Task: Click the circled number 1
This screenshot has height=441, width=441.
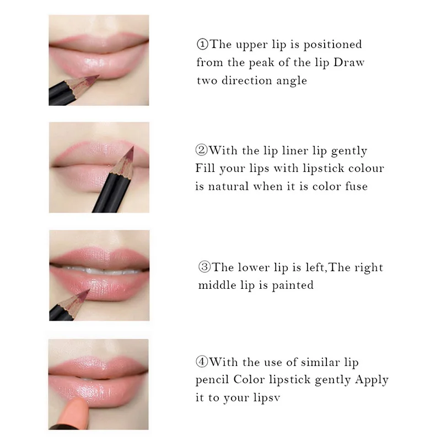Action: (202, 45)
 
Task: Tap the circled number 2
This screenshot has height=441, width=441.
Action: (201, 150)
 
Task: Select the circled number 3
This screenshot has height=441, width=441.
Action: (205, 267)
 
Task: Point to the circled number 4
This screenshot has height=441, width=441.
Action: (202, 362)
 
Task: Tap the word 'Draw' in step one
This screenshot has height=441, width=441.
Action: (349, 62)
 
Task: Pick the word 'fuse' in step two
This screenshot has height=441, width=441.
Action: (356, 186)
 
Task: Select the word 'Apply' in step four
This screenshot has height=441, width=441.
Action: (372, 380)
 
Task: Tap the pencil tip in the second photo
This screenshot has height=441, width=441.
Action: (133, 147)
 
